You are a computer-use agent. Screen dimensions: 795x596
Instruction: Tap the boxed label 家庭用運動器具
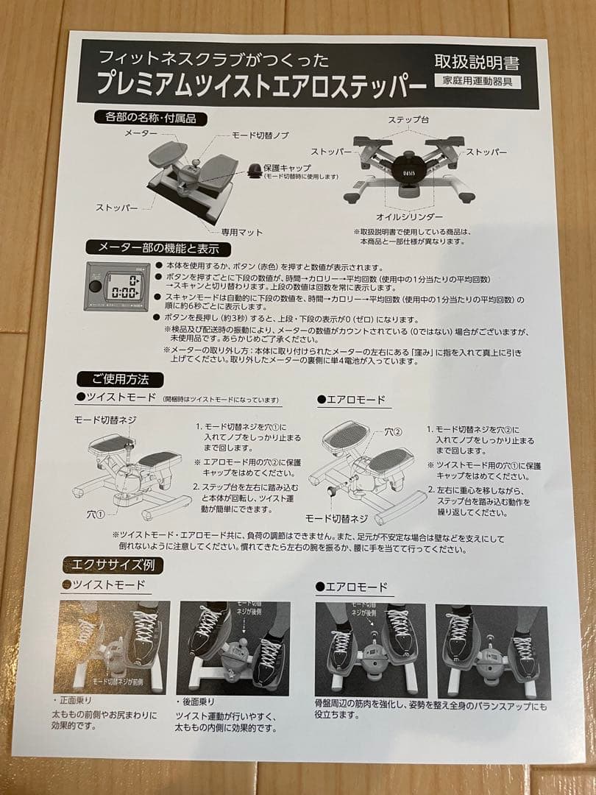(x=477, y=82)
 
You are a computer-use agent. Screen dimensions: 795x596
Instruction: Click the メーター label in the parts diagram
(x=141, y=133)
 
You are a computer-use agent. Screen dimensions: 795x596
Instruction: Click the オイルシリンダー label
(x=409, y=217)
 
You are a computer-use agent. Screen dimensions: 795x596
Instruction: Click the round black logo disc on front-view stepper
(x=409, y=166)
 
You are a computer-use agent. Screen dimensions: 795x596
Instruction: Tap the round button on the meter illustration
(x=96, y=287)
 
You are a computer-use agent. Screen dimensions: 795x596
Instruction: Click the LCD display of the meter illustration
(x=122, y=286)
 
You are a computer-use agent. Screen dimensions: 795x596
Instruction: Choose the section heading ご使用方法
(x=120, y=380)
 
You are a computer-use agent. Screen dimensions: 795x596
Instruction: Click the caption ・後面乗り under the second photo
(x=197, y=702)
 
